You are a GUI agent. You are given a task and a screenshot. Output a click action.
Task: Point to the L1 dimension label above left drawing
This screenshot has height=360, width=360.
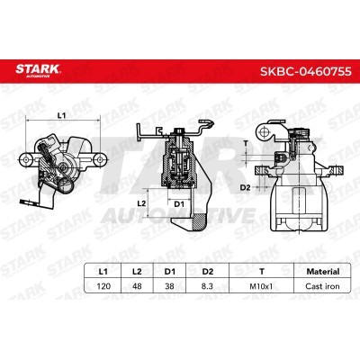60,116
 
